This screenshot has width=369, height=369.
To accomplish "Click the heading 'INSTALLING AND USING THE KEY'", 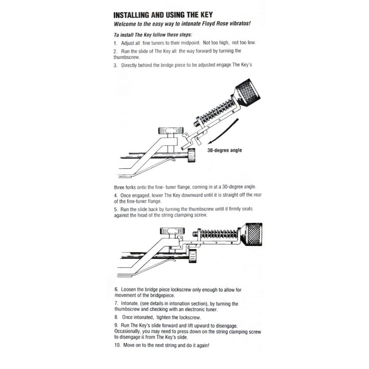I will coord(163,15).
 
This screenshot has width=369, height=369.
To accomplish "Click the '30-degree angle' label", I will coord(225,151).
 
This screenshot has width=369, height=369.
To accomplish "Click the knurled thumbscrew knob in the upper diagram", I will coord(247,92).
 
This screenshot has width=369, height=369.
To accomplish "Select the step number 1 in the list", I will coord(115,43).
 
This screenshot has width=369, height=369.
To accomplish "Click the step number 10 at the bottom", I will coord(117,346).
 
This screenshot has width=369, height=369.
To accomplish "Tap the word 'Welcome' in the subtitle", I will coord(125,25).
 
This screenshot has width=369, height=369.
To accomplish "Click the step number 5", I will coord(115,209).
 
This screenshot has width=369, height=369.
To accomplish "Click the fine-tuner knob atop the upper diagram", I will coord(170,130).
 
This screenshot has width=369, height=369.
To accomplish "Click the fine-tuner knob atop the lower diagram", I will coord(172,231).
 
